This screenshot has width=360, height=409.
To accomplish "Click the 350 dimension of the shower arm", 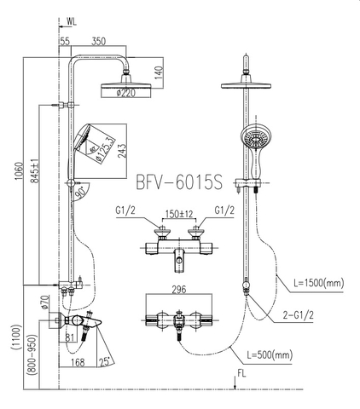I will tap(99, 40).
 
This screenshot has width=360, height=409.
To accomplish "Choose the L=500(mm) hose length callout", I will tap(268, 354).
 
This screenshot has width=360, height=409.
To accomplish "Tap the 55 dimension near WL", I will tap(65, 40).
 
